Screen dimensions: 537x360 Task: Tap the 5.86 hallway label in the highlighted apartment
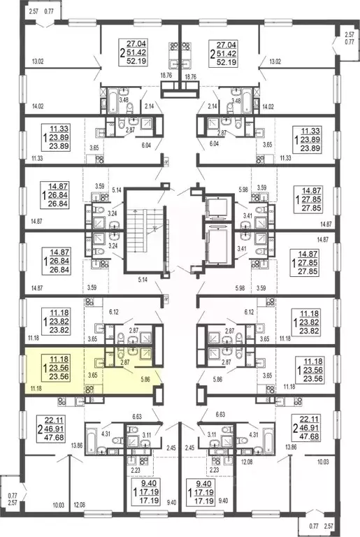(x=146, y=379)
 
